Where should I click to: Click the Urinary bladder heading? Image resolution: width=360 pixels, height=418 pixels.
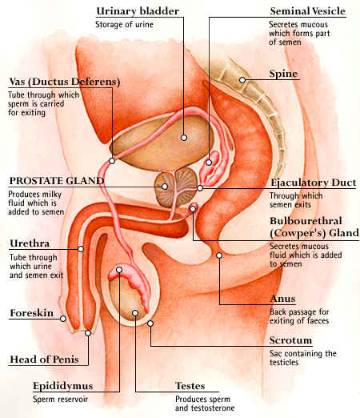point(138,11)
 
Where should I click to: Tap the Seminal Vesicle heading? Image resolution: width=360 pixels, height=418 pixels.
point(307,11)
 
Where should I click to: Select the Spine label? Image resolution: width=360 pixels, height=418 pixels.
point(283,74)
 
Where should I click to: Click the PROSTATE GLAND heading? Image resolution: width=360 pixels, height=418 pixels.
point(57,181)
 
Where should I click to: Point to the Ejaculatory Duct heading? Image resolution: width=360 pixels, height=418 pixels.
point(314,183)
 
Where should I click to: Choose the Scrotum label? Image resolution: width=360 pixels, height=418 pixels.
point(290,340)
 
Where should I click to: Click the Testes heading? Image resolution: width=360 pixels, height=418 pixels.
point(190,386)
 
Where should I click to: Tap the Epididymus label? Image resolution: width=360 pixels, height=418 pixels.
point(63,386)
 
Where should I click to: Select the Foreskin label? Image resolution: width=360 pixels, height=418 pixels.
point(31,313)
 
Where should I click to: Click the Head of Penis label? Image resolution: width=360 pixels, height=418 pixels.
point(44,360)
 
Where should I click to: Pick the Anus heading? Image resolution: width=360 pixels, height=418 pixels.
point(282,299)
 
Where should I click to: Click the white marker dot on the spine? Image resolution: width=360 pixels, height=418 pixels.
point(242,80)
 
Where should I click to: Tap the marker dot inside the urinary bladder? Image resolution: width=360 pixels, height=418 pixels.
point(184,138)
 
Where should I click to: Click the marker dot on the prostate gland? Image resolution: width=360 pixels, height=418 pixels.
point(165,187)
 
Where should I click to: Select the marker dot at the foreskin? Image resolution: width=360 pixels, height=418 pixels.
point(63,319)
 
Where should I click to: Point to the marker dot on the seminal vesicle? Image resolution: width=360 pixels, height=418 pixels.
point(209,163)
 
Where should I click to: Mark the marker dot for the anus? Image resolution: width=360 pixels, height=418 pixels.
point(219,255)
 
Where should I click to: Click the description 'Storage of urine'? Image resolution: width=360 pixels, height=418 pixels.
point(124,25)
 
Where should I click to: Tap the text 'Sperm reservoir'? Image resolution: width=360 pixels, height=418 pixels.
point(60,400)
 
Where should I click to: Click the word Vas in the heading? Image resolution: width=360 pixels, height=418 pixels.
point(18,82)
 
